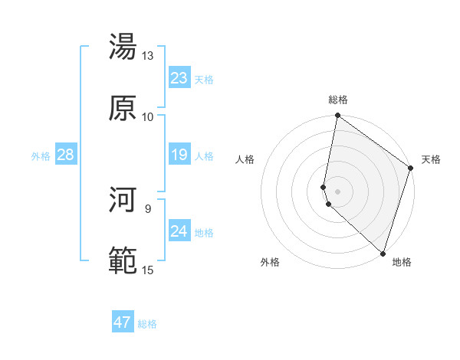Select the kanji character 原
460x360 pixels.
(x=123, y=108)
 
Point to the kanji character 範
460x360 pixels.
(x=123, y=261)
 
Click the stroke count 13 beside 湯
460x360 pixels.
(x=147, y=55)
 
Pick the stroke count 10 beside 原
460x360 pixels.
(x=147, y=116)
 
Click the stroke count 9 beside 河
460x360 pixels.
(x=147, y=208)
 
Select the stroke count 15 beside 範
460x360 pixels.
(x=147, y=270)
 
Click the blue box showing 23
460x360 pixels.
(x=179, y=78)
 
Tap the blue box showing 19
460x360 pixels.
(x=179, y=155)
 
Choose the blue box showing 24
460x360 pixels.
(x=179, y=231)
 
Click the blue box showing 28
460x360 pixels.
(x=65, y=155)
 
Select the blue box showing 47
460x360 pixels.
(x=122, y=322)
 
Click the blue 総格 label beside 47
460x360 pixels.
(x=147, y=324)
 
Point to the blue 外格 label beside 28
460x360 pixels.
(x=41, y=156)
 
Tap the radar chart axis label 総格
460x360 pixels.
(x=338, y=100)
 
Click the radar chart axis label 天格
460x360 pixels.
(x=431, y=159)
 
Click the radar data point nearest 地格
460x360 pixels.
(x=383, y=254)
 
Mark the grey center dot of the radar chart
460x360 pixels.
(x=337, y=191)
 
